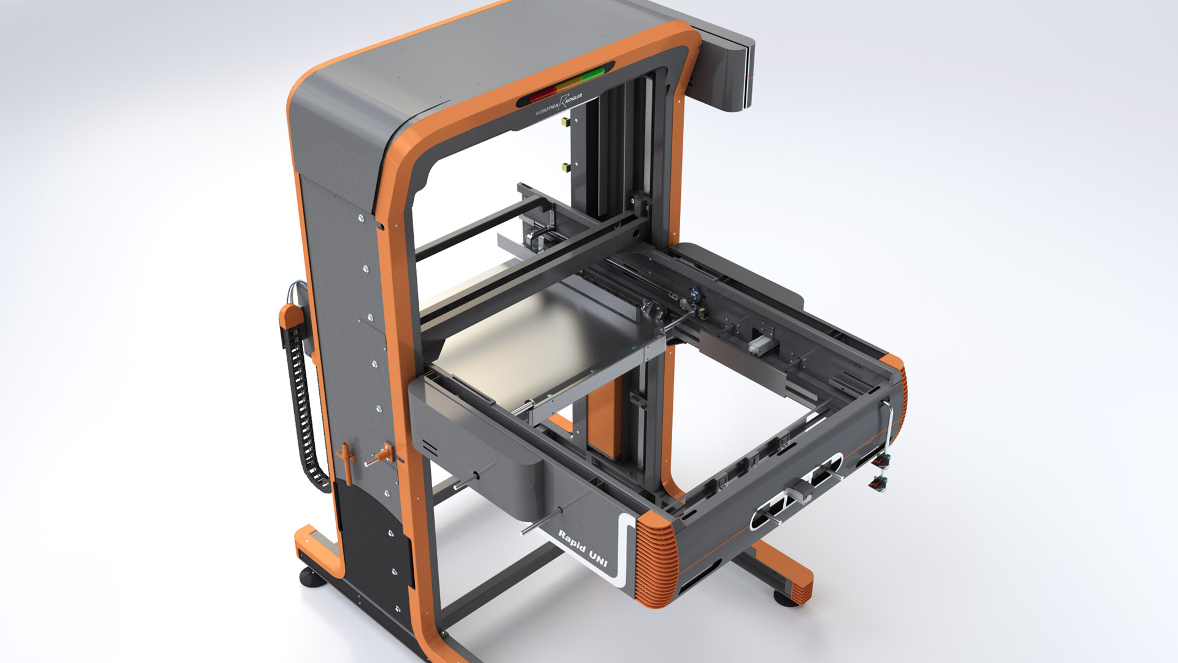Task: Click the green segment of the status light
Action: (592, 76)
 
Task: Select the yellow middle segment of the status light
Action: (568, 85)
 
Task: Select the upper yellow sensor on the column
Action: (565, 122)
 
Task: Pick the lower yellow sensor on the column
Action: (565, 166)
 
